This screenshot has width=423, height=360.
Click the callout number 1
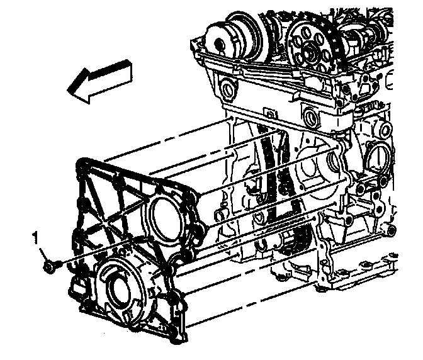click(x=36, y=239)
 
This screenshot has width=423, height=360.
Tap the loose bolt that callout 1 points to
click(x=51, y=266)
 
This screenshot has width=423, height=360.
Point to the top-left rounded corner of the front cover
click(x=81, y=164)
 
